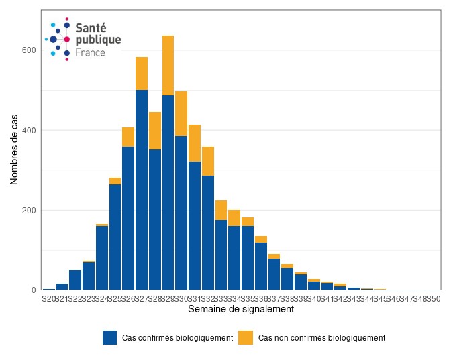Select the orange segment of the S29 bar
(x=168, y=65)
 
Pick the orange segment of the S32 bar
(x=208, y=161)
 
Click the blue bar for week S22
(x=75, y=280)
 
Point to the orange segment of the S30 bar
(x=181, y=113)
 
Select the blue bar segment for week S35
(x=248, y=257)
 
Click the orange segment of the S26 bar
(x=128, y=137)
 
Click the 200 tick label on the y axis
(x=28, y=211)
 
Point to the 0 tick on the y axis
(x=34, y=290)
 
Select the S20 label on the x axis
(x=49, y=298)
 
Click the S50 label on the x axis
(x=434, y=298)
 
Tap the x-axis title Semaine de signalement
(x=241, y=310)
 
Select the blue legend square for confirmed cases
(x=110, y=337)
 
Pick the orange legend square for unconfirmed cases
(x=246, y=337)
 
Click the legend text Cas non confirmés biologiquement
(x=321, y=337)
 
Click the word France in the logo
(x=90, y=52)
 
